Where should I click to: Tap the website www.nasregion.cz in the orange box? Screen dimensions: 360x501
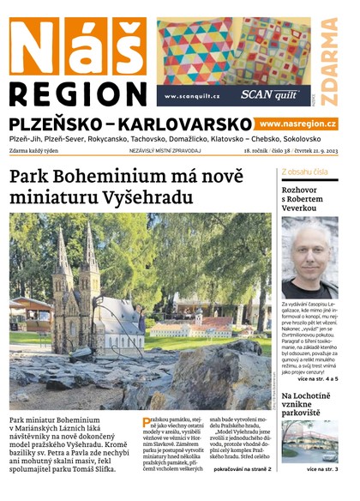[298, 124]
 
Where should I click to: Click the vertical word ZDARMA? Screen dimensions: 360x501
[330, 60]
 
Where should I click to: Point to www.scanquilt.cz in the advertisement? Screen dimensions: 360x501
[193, 96]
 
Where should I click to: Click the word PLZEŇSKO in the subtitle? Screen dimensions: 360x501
[58, 124]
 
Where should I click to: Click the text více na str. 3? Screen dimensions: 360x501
[319, 469]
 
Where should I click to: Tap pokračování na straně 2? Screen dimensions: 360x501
[243, 469]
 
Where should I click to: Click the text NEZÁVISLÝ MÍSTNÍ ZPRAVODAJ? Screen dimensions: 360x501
[165, 150]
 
